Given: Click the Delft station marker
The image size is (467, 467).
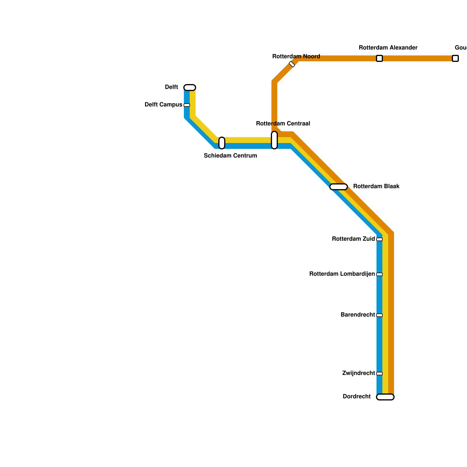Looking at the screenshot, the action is pos(190,88).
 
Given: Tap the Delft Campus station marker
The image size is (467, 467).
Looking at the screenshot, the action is pos(187,105).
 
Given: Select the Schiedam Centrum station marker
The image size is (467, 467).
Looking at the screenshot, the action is pos(222,143).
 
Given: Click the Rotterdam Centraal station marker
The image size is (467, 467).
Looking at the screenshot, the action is pos(274,140).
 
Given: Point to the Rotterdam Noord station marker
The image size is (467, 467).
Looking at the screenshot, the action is pos(292,64).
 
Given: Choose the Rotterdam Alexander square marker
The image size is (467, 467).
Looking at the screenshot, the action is pos(379,58).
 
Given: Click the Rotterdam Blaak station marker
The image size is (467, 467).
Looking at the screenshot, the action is pos(339,187).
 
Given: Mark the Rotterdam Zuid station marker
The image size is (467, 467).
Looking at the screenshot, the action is pos(379,239).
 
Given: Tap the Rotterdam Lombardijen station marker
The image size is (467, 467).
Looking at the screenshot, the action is pos(379,274).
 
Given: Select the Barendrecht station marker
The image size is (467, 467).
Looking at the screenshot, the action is pos(379,315).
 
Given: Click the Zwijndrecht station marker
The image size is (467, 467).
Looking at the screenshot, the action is pos(379,374).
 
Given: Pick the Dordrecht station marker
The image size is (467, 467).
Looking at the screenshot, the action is pos(385,397).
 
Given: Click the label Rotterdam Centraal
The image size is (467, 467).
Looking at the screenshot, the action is pos(283,124).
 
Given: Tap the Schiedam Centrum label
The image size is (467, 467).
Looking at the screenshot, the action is pos(230,156).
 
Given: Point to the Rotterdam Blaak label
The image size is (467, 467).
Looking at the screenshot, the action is pos(376,187).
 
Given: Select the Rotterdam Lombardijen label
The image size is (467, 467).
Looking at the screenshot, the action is pos(342,274).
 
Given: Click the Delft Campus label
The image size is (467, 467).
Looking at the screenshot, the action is pos(163,105).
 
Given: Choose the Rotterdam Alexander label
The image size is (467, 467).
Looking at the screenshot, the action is pos(388,48).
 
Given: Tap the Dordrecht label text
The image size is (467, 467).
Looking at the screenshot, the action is pos(356,397).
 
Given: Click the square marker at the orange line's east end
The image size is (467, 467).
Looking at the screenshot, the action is pos(455,58).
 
